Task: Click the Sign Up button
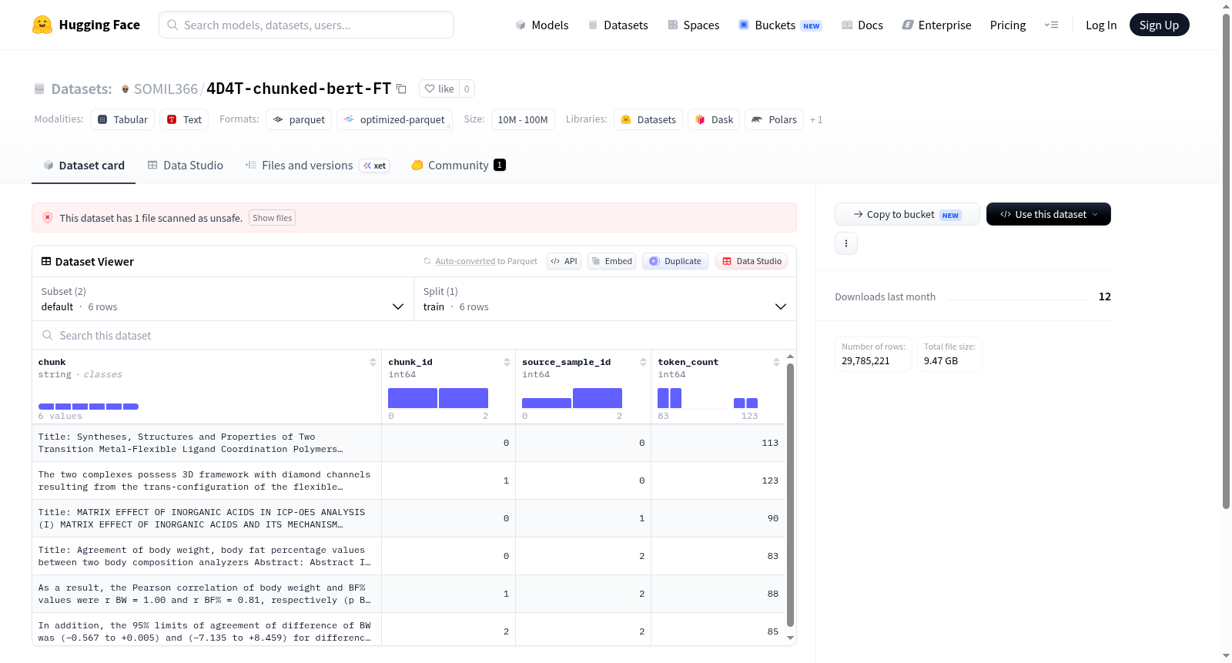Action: pyautogui.click(x=1159, y=25)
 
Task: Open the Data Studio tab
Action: pyautogui.click(x=186, y=165)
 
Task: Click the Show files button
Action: pyautogui.click(x=273, y=218)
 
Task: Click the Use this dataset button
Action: pyautogui.click(x=1048, y=214)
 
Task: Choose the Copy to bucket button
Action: pyautogui.click(x=907, y=214)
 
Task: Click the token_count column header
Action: pyautogui.click(x=688, y=362)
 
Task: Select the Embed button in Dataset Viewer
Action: pyautogui.click(x=611, y=261)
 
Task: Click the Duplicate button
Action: pyautogui.click(x=675, y=261)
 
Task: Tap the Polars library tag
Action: pyautogui.click(x=774, y=119)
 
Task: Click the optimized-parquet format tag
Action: pyautogui.click(x=394, y=119)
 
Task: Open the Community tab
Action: pyautogui.click(x=458, y=165)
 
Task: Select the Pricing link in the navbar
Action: pyautogui.click(x=1008, y=25)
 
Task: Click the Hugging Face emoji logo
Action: pyautogui.click(x=42, y=25)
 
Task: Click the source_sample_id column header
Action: pyautogui.click(x=566, y=362)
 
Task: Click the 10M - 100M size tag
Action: pyautogui.click(x=523, y=119)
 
